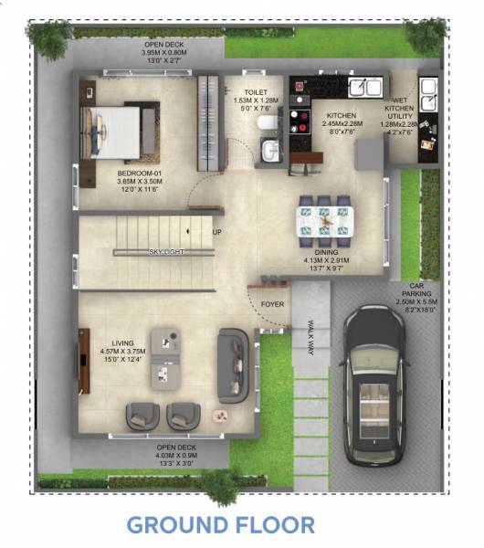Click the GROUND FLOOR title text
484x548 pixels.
point(220,525)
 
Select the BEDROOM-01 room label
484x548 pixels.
point(140,179)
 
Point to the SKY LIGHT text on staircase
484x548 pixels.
point(165,251)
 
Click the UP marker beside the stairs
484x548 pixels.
point(216,232)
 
